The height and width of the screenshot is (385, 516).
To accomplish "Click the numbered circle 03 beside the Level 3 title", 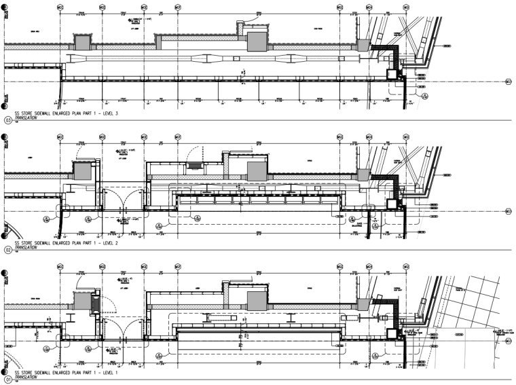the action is click(8, 121).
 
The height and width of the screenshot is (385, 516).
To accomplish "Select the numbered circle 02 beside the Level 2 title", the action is click(8, 250).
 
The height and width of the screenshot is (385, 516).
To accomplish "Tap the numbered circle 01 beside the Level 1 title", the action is click(8, 378).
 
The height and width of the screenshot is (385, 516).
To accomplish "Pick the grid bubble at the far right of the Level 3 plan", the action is click(509, 83).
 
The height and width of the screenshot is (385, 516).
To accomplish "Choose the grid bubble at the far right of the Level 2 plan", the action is click(509, 213).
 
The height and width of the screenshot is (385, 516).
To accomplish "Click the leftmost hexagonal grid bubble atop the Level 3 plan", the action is click(59, 7).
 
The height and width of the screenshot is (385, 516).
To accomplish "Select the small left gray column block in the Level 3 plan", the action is click(81, 43).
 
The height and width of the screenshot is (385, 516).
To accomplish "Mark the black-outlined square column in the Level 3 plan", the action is click(392, 75).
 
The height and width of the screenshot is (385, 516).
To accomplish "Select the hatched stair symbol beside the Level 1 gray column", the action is click(96, 301).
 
